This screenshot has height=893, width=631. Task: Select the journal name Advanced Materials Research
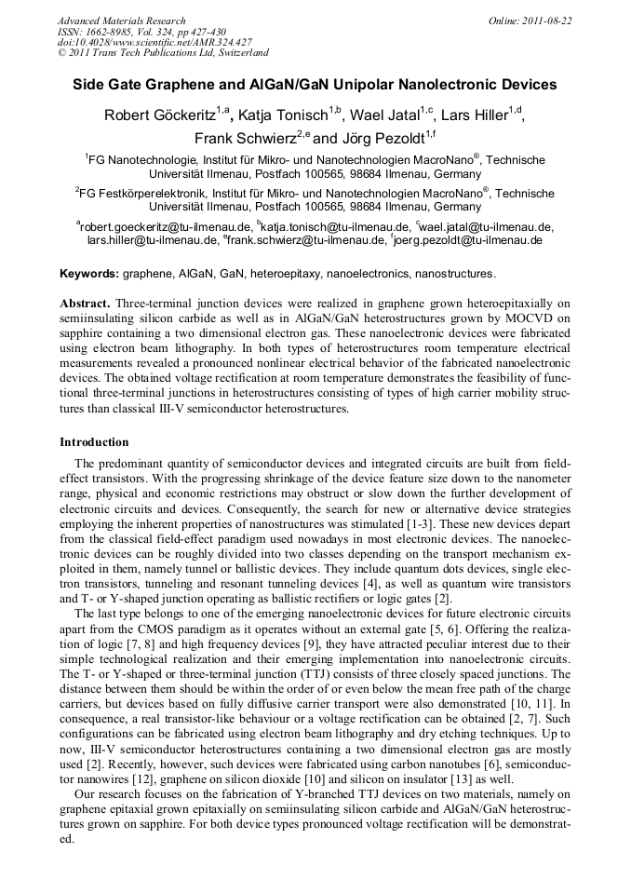121,20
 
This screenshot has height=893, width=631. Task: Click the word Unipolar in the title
370,85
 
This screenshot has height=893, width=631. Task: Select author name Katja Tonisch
287,115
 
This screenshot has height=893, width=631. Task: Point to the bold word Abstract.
85,304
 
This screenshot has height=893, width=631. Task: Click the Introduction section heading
94,441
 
